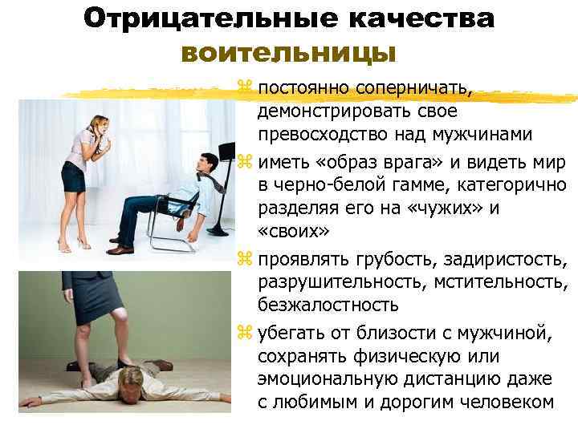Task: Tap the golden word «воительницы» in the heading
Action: tap(289, 53)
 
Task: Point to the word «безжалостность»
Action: tap(328, 304)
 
